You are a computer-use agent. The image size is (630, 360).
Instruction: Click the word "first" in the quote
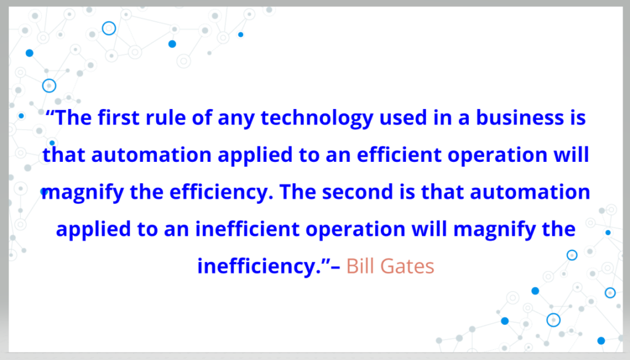[119, 118]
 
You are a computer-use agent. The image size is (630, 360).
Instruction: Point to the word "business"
[520, 118]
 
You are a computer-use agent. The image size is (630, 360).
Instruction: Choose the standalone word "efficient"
[399, 154]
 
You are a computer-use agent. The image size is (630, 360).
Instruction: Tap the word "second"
[357, 191]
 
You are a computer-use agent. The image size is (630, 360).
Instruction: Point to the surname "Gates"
[407, 266]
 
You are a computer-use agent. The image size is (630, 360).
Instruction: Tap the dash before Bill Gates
[335, 267]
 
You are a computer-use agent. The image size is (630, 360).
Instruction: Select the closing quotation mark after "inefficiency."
[325, 261]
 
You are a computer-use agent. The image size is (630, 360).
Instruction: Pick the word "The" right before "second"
[298, 191]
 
